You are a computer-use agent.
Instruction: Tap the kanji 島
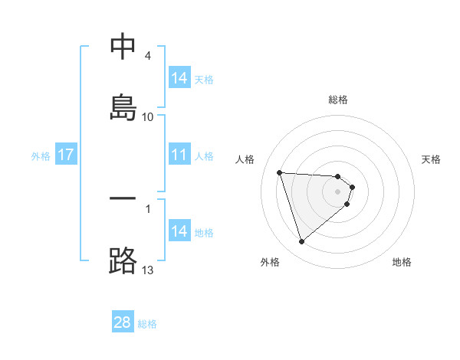click(x=123, y=106)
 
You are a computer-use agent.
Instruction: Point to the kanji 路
click(x=123, y=260)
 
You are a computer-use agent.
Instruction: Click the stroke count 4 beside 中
click(x=148, y=56)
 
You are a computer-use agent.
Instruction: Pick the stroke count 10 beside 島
click(x=148, y=117)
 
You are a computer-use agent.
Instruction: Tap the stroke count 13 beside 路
click(x=148, y=270)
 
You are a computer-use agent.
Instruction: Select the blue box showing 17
click(x=66, y=155)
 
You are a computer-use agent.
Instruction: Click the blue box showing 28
click(x=123, y=322)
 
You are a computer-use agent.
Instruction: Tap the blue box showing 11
click(x=179, y=155)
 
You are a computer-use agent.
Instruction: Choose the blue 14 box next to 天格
click(x=179, y=78)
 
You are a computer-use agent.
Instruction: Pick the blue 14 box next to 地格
click(x=179, y=232)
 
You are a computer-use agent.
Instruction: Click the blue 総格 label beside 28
click(x=147, y=324)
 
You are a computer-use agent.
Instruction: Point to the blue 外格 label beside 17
click(x=41, y=156)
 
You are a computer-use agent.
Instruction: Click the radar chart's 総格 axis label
click(x=338, y=100)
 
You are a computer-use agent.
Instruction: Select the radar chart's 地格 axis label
click(x=402, y=262)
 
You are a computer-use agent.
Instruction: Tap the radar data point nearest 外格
click(x=301, y=242)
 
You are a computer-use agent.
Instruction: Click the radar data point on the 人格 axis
click(x=280, y=172)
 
